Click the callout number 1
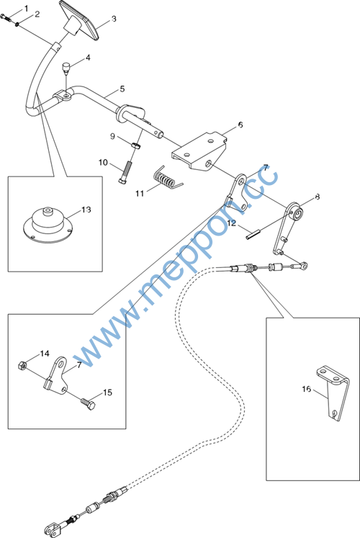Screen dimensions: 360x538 click(x=27, y=8)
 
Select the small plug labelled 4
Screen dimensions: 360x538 click(x=66, y=67)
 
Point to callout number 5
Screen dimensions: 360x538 click(x=122, y=89)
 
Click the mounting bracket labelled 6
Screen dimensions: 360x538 click(x=199, y=151)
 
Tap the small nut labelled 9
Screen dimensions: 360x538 click(x=136, y=145)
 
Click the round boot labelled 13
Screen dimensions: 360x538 click(x=47, y=225)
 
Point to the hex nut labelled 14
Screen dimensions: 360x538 click(x=22, y=365)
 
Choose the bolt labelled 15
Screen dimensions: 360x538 click(x=87, y=404)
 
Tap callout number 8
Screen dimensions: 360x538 click(x=317, y=197)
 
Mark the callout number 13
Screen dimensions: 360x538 click(x=86, y=210)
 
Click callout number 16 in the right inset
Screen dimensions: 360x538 click(x=307, y=389)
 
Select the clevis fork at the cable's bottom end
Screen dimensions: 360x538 click(x=53, y=527)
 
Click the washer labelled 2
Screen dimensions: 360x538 click(x=17, y=24)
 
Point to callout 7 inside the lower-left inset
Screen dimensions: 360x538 click(x=79, y=365)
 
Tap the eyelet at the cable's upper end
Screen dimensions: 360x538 click(x=303, y=265)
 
